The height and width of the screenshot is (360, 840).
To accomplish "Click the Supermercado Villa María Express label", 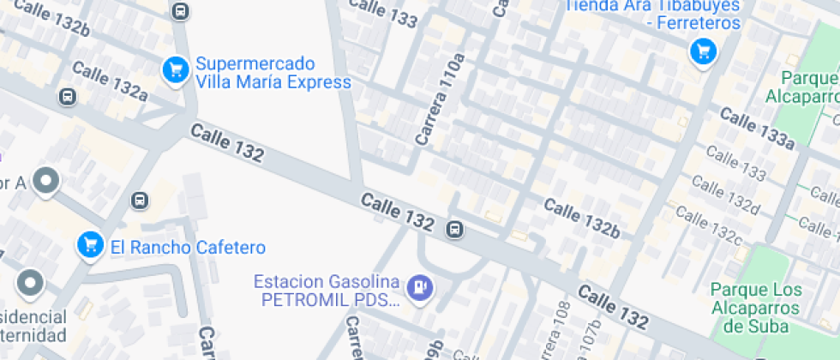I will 273,73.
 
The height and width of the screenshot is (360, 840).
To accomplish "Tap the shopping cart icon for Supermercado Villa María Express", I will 176,69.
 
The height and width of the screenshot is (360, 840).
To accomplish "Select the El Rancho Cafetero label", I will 188,248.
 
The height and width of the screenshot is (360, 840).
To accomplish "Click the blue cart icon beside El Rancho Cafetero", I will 89,245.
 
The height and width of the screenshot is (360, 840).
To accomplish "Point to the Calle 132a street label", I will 110,79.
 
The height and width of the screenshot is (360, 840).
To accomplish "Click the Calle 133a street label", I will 756,129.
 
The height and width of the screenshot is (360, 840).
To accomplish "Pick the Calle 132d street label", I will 725,195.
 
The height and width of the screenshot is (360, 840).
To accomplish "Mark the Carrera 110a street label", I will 438,99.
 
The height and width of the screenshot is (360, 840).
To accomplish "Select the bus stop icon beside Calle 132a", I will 67,97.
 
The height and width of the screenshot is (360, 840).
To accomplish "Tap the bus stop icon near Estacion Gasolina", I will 455,229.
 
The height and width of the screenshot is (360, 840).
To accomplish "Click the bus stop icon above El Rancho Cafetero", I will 139,201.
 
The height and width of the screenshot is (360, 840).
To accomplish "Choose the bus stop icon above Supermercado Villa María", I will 180,10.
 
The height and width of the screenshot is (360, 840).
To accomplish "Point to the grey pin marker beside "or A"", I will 46,182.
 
